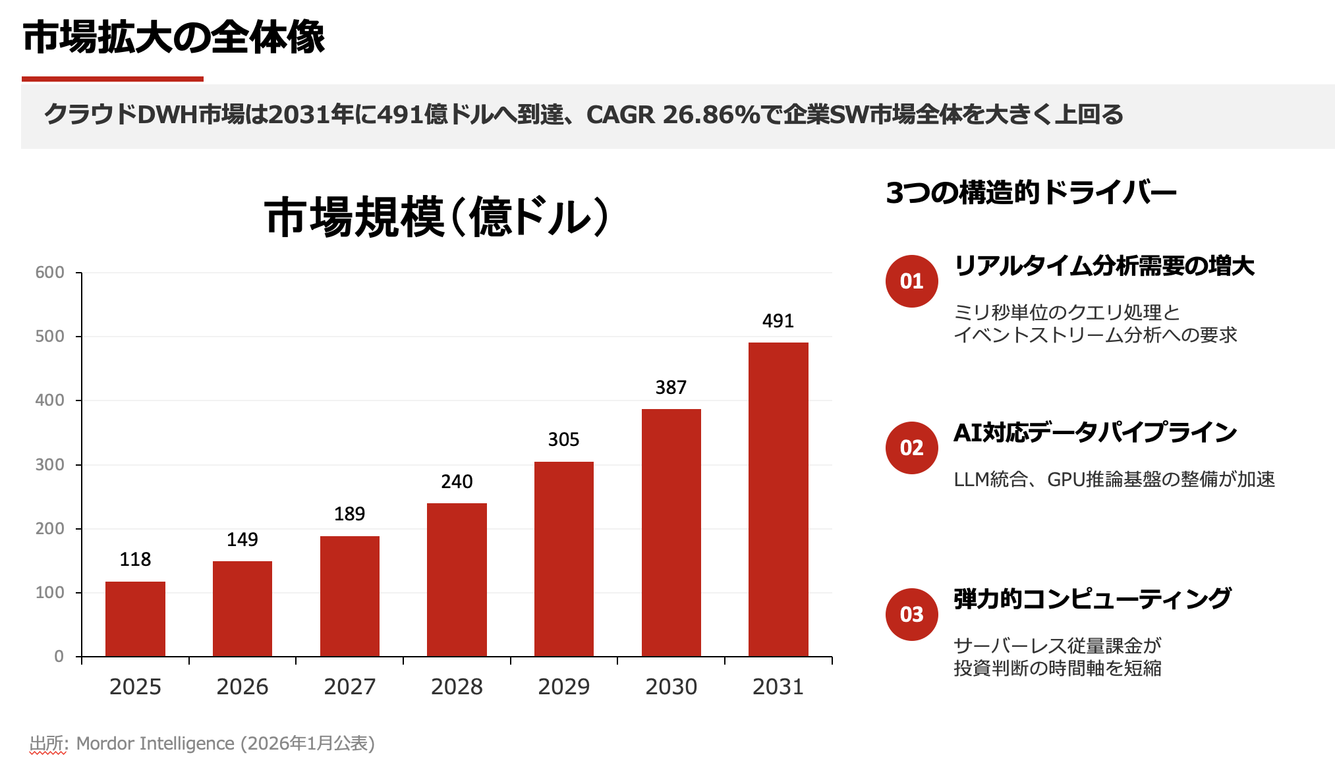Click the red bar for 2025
(x=135, y=619)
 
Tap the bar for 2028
(x=457, y=579)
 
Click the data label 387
(x=671, y=387)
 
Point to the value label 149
(x=242, y=539)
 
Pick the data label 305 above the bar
(x=563, y=439)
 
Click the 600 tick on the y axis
(x=50, y=273)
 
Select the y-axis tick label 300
(x=50, y=465)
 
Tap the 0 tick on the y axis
(x=59, y=656)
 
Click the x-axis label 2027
(x=349, y=687)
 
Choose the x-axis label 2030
(x=671, y=687)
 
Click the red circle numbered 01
(x=911, y=281)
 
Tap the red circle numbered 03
(x=911, y=615)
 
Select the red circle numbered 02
(x=911, y=448)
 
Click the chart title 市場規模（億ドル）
(x=436, y=217)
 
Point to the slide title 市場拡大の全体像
(x=174, y=38)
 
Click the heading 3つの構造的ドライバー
(x=1031, y=193)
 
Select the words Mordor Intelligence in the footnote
(x=155, y=743)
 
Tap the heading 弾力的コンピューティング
(x=1092, y=599)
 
